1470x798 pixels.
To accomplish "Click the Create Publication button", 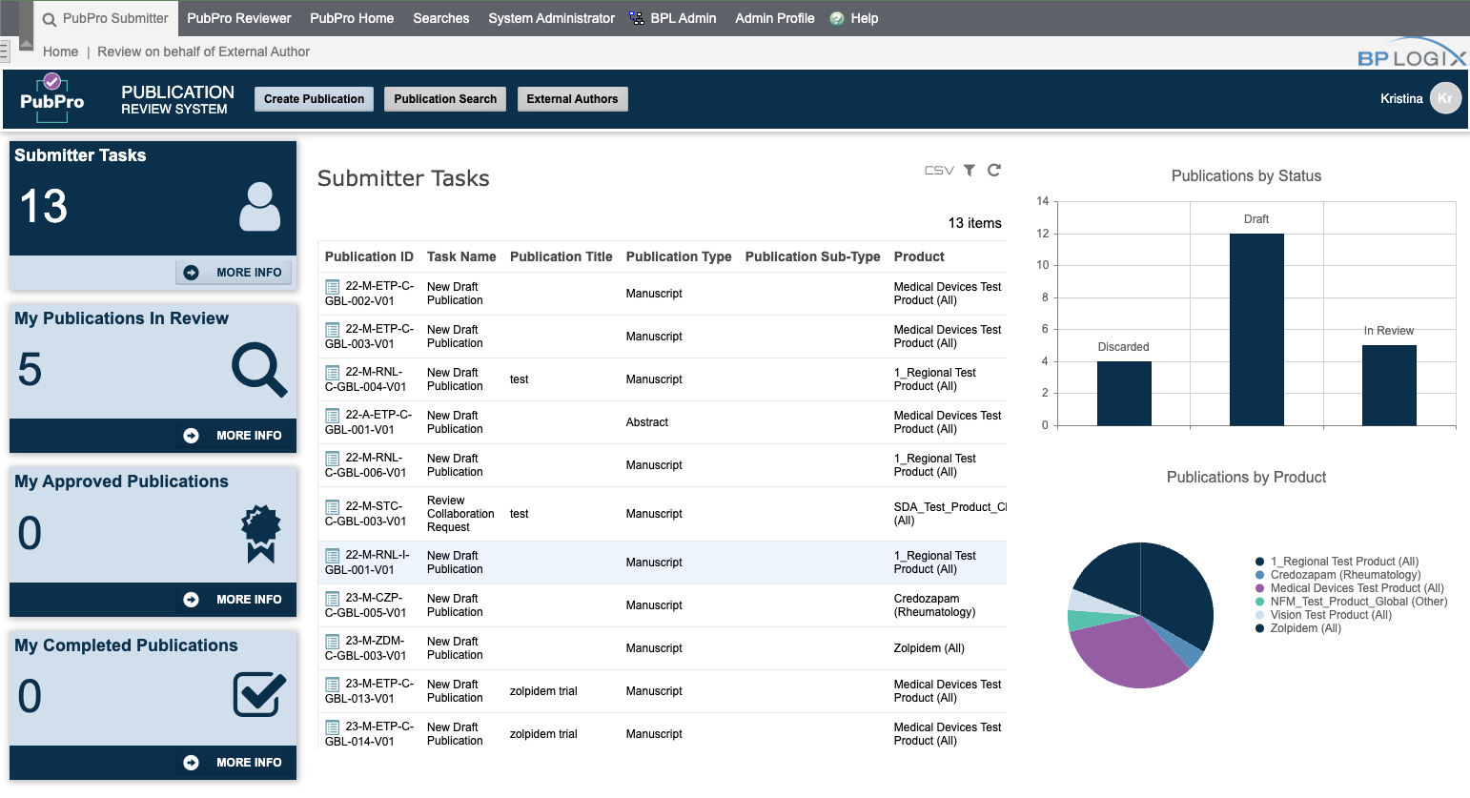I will click(x=314, y=99).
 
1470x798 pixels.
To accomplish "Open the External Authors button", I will click(x=572, y=99).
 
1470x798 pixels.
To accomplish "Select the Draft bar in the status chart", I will click(x=1256, y=329).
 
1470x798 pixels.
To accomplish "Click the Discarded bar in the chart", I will click(x=1124, y=393).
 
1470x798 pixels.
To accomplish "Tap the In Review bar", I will click(x=1389, y=385).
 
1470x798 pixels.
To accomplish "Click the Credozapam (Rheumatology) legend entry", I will click(x=1344, y=575).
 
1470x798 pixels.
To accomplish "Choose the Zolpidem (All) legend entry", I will click(x=1305, y=628).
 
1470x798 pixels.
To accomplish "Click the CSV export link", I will click(x=939, y=171).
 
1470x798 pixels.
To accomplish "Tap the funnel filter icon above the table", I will click(x=970, y=171).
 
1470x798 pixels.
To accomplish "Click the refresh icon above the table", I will click(x=994, y=170).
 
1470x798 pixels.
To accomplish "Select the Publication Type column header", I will click(x=679, y=256).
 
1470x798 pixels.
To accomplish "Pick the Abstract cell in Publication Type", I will click(x=647, y=422).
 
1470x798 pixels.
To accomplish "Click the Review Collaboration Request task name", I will click(x=460, y=514).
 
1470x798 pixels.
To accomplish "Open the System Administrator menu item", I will click(x=551, y=18).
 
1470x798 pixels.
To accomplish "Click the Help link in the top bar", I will click(x=864, y=18).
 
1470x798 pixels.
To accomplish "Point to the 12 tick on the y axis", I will click(x=1043, y=234).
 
